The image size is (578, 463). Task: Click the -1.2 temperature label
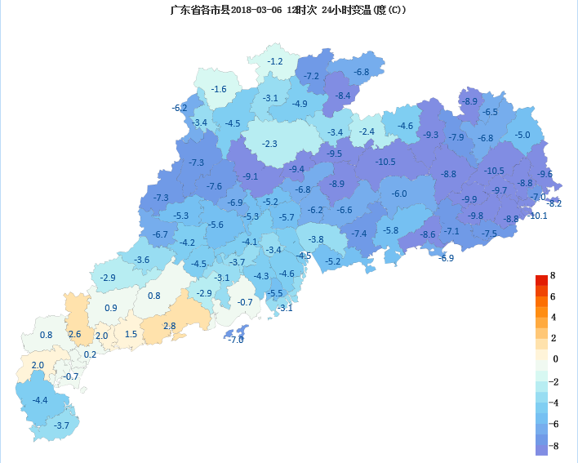point(275,61)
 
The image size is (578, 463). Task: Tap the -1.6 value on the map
point(219,89)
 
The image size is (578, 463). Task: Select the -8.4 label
point(343,96)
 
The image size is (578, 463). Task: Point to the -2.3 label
point(269,144)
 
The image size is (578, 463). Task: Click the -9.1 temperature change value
point(250,176)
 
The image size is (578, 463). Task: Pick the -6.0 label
point(399,194)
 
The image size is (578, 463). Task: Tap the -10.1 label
point(538,216)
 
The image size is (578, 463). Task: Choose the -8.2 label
point(554,203)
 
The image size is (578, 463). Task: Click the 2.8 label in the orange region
point(170,326)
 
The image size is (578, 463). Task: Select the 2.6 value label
point(74,334)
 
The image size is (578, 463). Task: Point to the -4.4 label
point(40,400)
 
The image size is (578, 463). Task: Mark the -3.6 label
point(142,260)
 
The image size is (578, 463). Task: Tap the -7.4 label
point(359,234)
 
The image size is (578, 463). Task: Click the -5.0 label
point(522,135)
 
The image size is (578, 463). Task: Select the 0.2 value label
point(90,354)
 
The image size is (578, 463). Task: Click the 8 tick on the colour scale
point(553,276)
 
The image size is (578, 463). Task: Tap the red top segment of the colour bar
point(541,281)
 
